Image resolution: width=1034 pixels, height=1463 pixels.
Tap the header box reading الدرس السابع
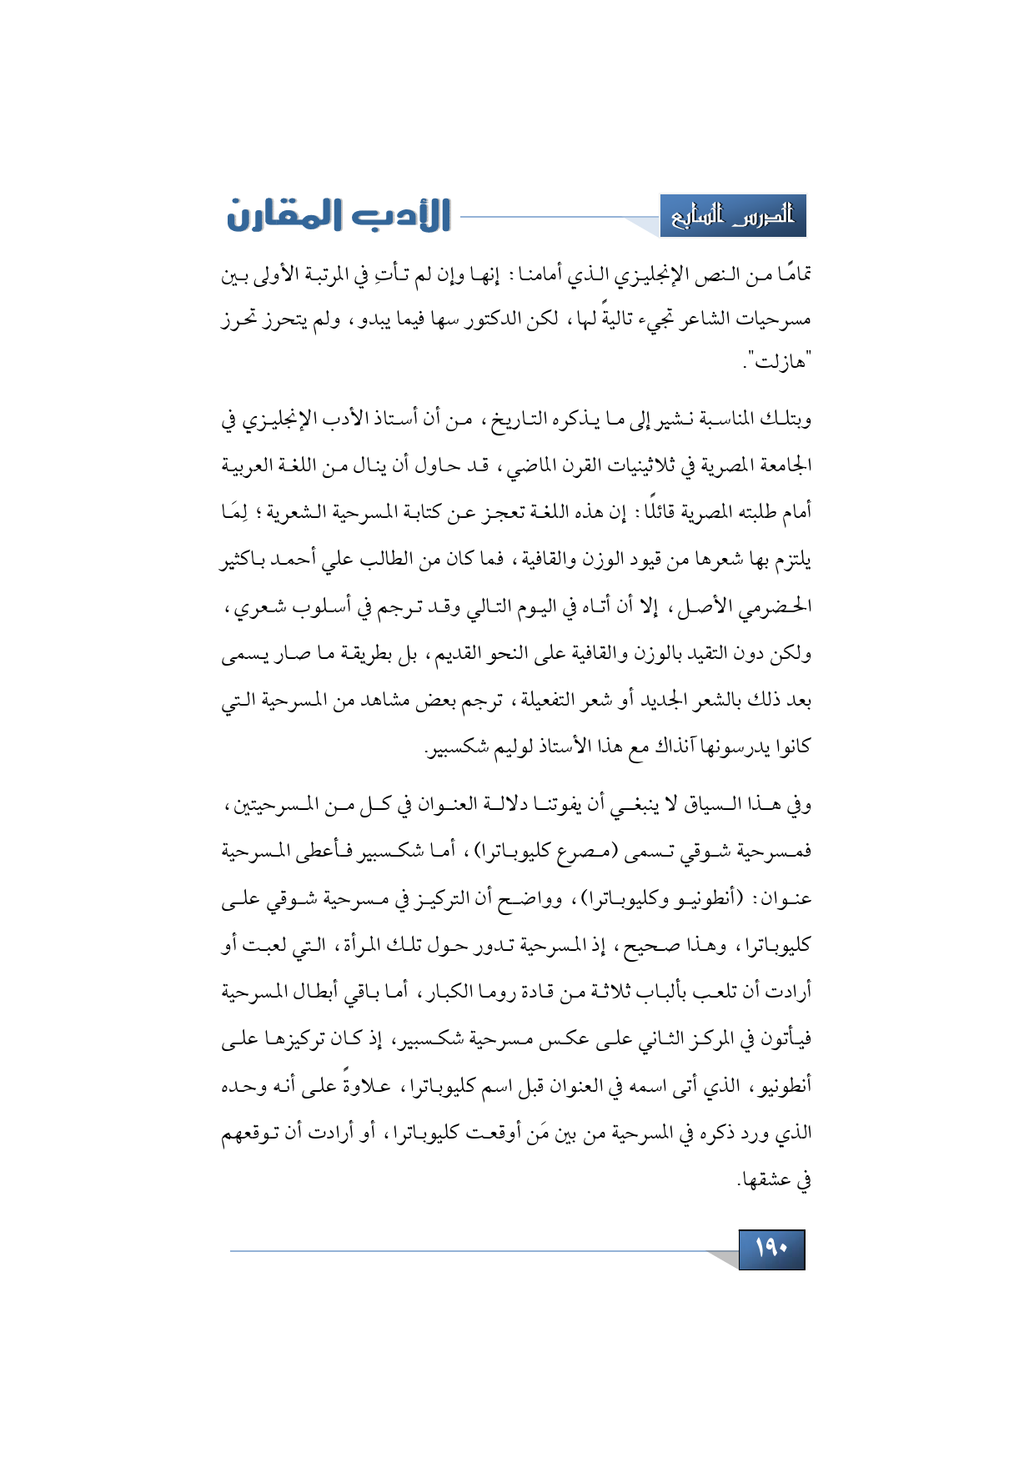(733, 216)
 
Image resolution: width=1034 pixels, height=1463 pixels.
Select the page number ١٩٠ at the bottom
(771, 1249)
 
